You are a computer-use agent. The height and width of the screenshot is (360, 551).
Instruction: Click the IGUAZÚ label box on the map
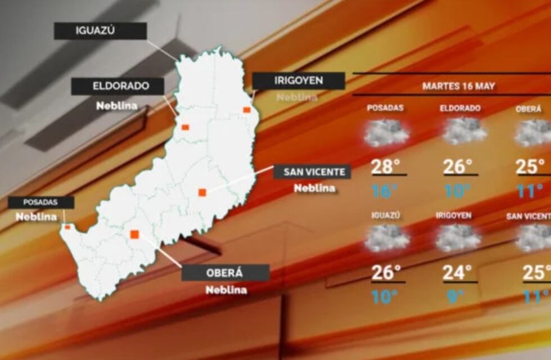[100, 31]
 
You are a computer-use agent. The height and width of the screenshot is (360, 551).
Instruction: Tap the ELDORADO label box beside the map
[117, 86]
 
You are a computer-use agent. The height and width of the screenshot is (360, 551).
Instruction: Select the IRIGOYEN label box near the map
[298, 80]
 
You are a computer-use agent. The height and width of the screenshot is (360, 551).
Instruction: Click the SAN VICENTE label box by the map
[312, 172]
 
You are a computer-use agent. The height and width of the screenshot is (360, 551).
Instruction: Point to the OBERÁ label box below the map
[225, 273]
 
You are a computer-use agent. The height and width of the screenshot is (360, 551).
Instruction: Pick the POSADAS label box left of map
[40, 202]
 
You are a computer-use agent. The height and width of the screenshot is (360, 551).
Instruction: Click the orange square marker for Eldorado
[185, 127]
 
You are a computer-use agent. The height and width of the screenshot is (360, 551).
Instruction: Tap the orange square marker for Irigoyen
[246, 110]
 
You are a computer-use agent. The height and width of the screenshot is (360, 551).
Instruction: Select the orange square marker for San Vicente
[202, 192]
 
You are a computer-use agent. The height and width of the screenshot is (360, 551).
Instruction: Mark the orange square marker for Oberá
[134, 234]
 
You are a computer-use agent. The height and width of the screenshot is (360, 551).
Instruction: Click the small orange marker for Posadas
[67, 227]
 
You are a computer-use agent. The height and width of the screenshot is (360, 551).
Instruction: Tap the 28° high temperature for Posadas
[386, 166]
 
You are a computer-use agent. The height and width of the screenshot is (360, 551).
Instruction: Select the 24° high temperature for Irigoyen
[457, 273]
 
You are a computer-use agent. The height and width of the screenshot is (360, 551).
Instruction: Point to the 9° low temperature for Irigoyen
[453, 296]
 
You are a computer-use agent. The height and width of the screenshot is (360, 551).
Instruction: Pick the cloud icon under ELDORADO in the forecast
[464, 132]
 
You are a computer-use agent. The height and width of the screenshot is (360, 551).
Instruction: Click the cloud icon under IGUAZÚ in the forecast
[387, 238]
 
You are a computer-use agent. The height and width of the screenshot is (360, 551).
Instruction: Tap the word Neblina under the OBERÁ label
[225, 290]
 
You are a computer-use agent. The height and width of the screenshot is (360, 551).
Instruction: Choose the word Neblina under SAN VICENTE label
[314, 188]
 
